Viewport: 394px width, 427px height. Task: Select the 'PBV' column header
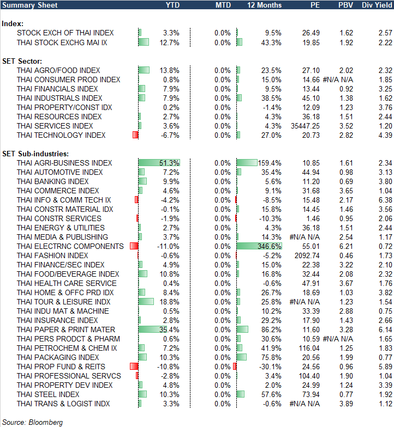tap(345, 5)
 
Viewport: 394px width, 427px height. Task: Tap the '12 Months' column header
tap(265, 5)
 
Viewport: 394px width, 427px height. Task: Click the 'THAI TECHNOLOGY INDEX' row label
tap(61, 135)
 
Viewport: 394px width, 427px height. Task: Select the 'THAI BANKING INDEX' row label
tap(52, 181)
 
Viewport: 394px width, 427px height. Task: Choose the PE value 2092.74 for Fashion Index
tap(307, 255)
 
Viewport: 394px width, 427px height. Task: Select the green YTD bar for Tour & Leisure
tap(146, 302)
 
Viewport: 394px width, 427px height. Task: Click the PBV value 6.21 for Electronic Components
tap(347, 246)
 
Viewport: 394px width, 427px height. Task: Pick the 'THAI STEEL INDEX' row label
tap(48, 394)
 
